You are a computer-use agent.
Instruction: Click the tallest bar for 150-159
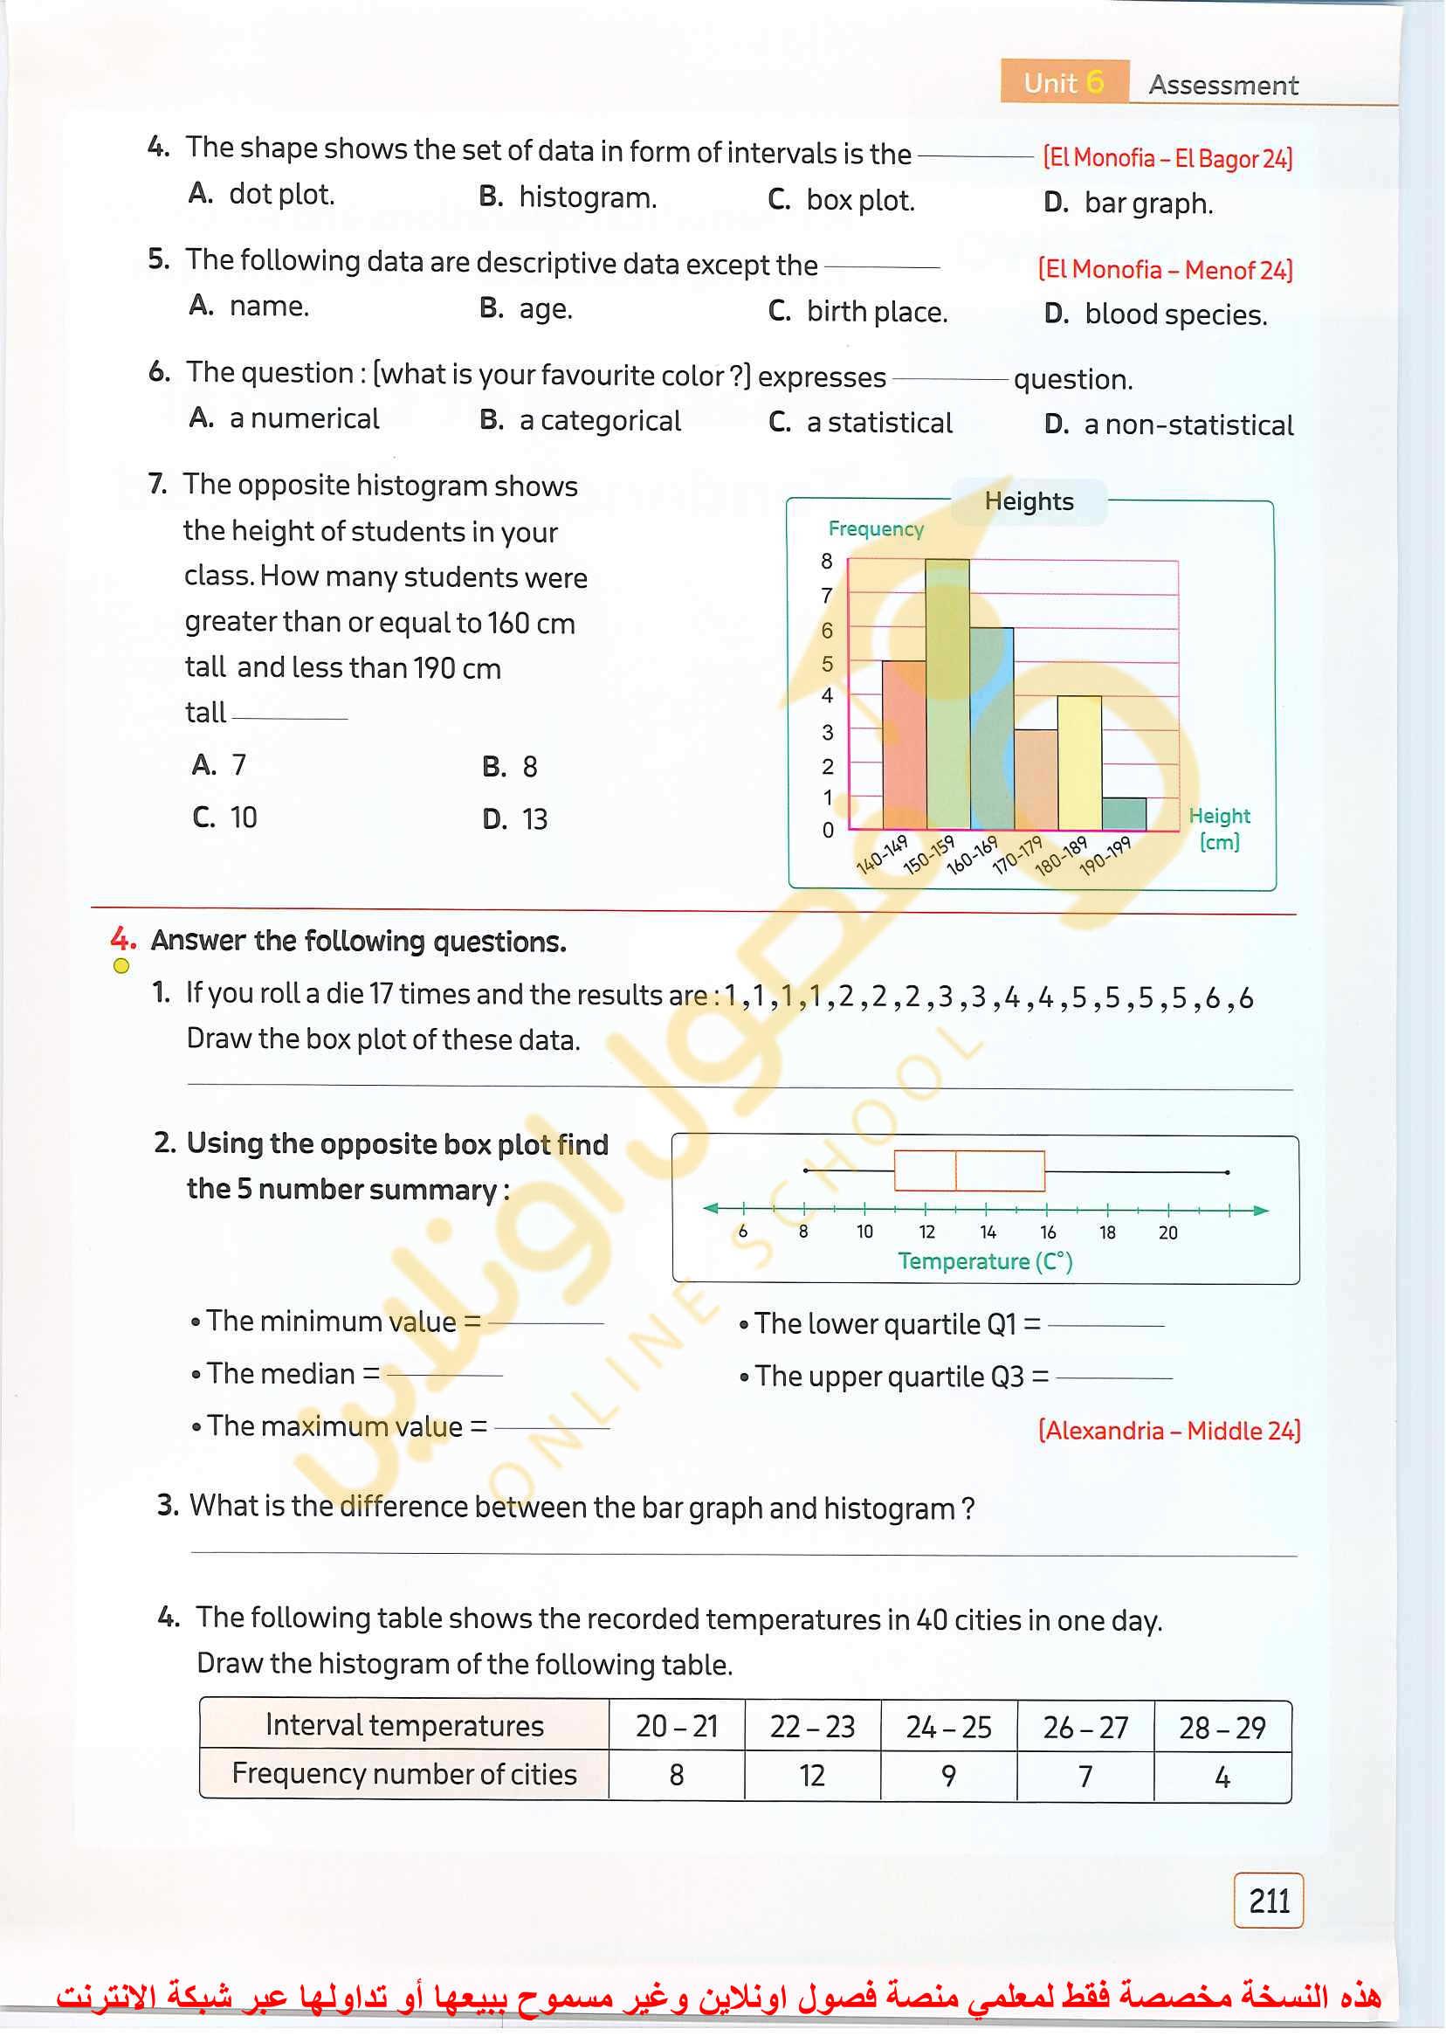947,694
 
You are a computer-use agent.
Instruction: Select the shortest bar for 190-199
1124,814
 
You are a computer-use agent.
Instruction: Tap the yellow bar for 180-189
1079,763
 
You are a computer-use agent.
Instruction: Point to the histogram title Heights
1029,501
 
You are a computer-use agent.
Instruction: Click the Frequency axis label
875,529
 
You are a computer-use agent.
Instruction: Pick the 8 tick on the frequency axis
827,561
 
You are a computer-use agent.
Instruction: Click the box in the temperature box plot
968,1171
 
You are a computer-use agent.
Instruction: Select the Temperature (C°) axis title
985,1261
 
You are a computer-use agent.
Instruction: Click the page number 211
1268,1902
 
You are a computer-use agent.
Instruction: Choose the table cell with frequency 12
811,1777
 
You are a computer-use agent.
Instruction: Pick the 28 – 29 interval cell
1222,1729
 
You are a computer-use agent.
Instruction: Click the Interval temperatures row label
404,1726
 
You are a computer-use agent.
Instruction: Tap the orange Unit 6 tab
1064,83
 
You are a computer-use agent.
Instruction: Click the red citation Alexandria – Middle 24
1169,1431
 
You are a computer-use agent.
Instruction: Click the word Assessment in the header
1222,86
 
